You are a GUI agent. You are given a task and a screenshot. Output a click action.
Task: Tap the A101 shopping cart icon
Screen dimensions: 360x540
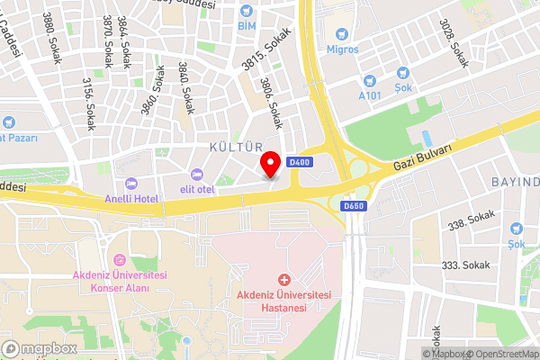click(370, 78)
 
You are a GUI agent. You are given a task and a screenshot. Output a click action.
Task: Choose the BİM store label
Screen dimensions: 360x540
click(247, 26)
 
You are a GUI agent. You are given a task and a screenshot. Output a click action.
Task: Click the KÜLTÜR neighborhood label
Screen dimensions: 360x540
click(236, 146)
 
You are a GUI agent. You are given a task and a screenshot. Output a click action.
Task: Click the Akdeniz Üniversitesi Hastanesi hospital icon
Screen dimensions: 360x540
click(284, 281)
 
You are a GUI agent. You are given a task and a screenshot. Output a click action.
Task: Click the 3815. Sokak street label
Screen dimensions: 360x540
click(262, 49)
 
